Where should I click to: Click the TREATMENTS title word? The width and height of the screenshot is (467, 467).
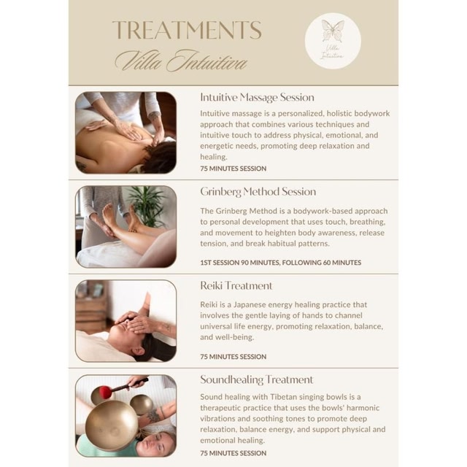187,30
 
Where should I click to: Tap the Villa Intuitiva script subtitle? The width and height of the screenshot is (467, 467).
182,61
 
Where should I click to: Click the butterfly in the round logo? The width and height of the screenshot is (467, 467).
333,31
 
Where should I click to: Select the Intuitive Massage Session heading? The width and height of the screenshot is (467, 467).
257,97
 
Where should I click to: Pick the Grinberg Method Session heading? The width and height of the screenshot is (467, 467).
258,191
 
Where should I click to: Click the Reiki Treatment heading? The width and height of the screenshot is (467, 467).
236,285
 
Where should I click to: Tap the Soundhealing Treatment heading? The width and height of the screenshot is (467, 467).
257,379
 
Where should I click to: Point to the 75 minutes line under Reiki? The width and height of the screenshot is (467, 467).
233,357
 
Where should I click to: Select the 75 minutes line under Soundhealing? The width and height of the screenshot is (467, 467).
233,453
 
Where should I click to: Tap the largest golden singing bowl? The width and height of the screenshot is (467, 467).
112,425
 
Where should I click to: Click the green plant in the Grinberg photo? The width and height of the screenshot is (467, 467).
147,206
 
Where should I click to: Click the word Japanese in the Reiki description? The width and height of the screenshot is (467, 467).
249,305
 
